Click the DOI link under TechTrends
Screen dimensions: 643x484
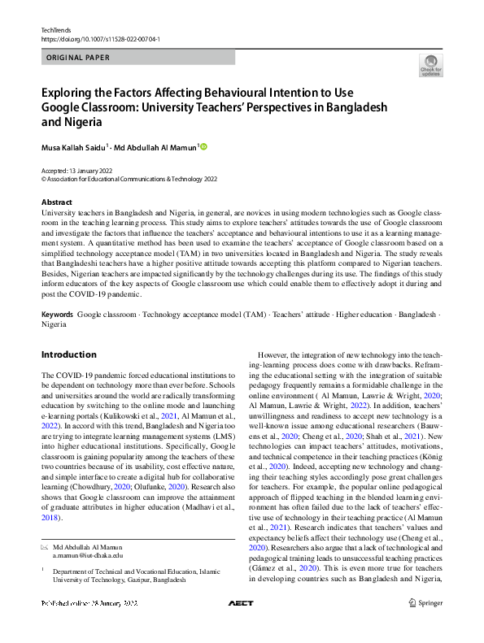(100, 39)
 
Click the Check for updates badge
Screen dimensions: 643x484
(431, 65)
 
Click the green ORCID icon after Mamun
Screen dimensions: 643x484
(203, 146)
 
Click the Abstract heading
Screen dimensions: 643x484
(56, 202)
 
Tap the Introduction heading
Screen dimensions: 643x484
(68, 354)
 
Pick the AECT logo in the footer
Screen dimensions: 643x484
(242, 602)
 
